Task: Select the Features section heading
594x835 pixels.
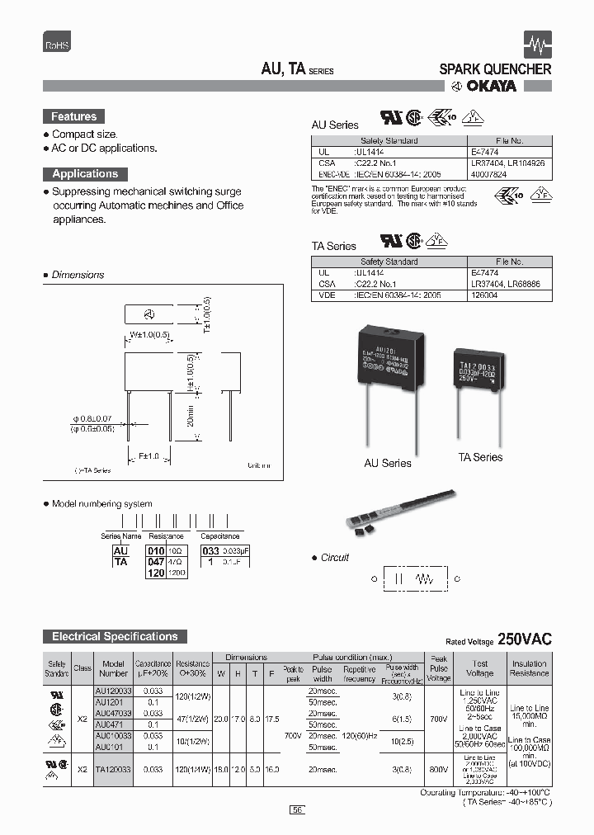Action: (x=74, y=117)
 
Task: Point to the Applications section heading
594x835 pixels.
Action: (x=85, y=174)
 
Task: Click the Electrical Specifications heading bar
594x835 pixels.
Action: (x=115, y=636)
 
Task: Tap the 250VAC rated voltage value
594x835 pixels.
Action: (x=525, y=640)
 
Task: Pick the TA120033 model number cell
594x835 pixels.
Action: (x=114, y=768)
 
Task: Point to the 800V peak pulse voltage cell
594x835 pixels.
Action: (x=439, y=768)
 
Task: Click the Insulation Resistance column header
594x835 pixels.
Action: (x=529, y=668)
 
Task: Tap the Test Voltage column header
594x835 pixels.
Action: (x=480, y=668)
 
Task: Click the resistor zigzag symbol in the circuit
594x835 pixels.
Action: (x=426, y=579)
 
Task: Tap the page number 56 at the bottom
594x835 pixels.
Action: (x=297, y=810)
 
